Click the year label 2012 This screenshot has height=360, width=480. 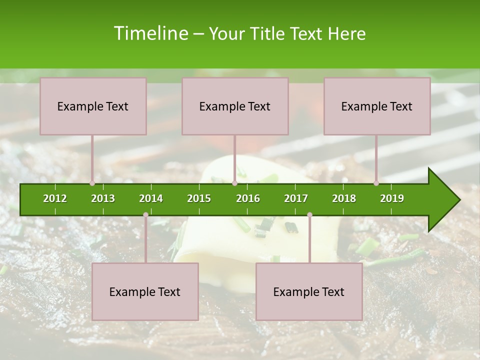(55, 198)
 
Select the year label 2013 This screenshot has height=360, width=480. (103, 198)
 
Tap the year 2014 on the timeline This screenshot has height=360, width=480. (151, 198)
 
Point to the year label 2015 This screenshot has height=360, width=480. (199, 198)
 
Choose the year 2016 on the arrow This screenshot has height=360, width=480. (248, 198)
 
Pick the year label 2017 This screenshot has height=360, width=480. (296, 198)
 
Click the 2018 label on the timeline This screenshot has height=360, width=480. (344, 198)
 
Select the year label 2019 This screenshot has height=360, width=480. (392, 198)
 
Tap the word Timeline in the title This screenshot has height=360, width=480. (150, 33)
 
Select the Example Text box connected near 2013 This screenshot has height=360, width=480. (93, 106)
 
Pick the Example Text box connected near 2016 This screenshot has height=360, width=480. (235, 106)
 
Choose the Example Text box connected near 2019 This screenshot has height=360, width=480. (377, 106)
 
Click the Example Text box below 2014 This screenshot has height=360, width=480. (145, 291)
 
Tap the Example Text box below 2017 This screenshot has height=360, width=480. (309, 291)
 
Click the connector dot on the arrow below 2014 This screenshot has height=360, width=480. (145, 215)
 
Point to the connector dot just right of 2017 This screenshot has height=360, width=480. (309, 215)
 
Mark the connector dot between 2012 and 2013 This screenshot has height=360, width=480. (92, 183)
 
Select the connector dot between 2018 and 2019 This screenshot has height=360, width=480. (376, 183)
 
